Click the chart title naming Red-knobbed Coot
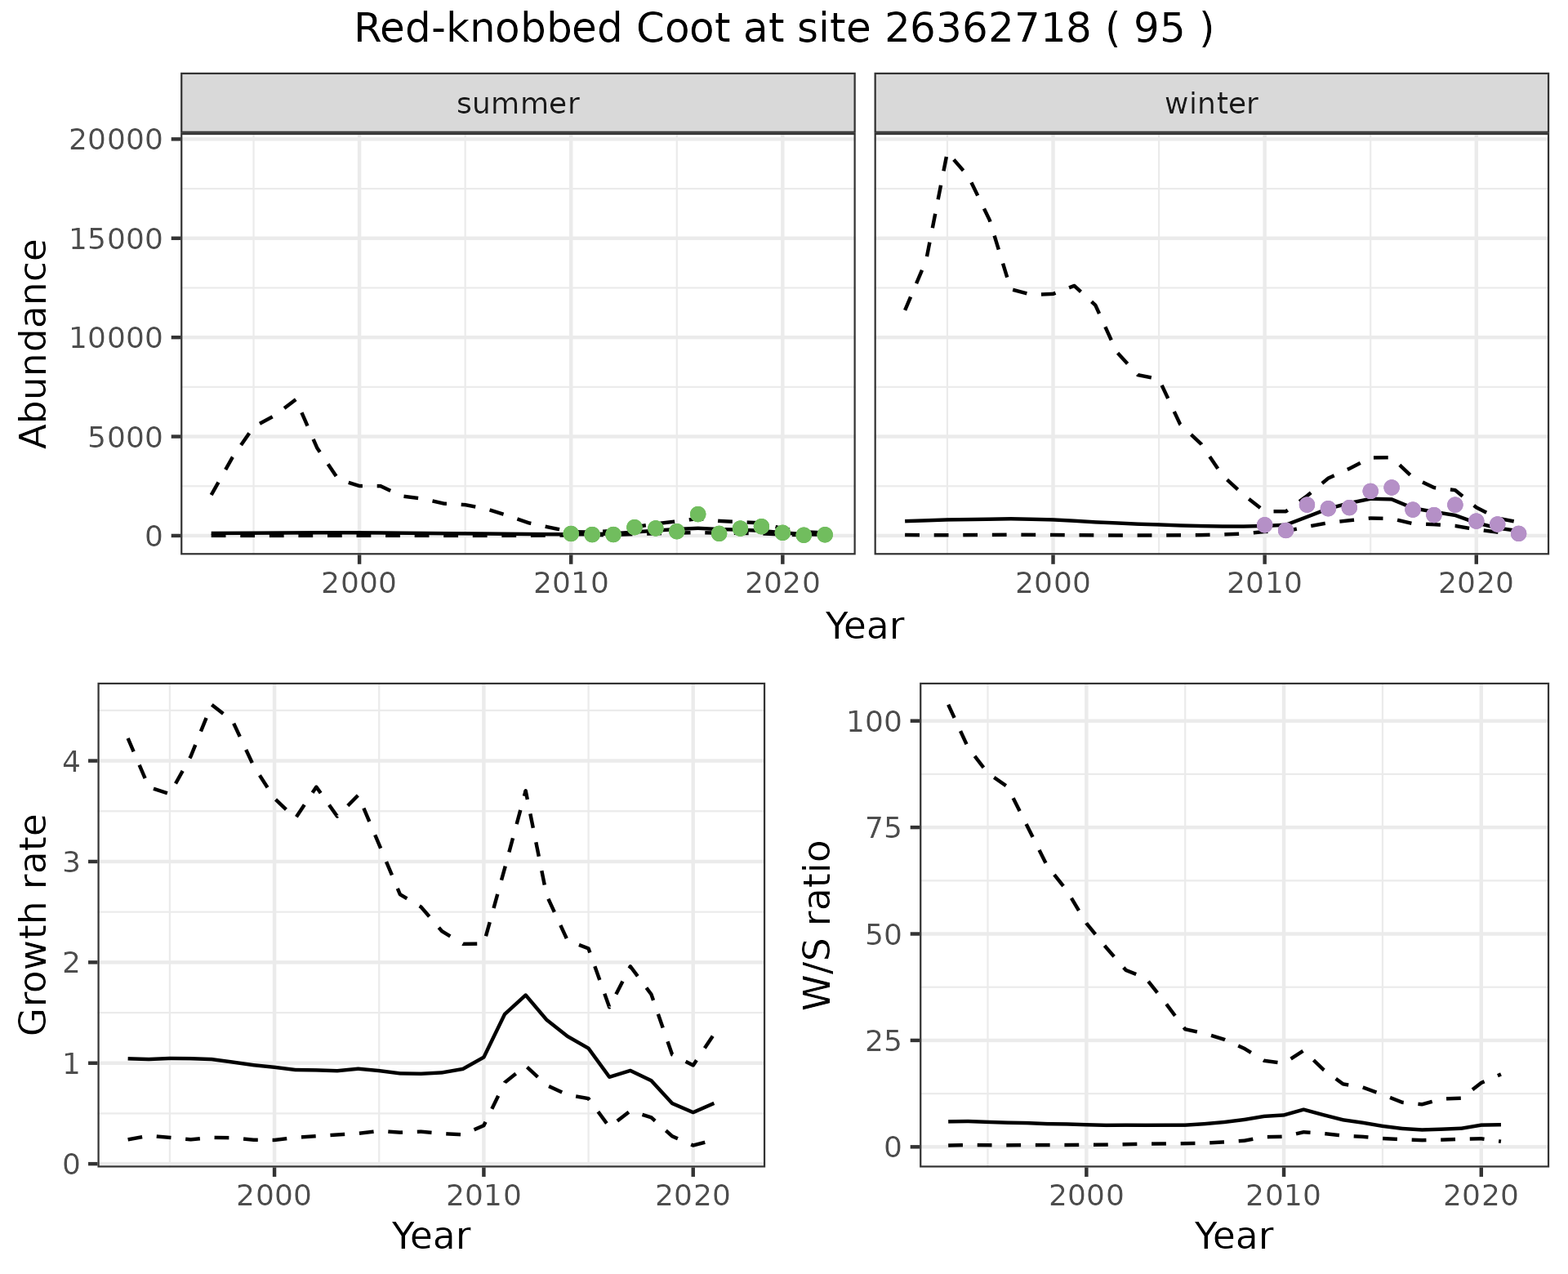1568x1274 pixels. pyautogui.click(x=783, y=30)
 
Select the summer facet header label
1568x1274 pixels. pyautogui.click(x=518, y=104)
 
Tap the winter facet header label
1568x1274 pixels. pyautogui.click(x=1211, y=104)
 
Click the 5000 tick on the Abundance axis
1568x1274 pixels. pyautogui.click(x=128, y=437)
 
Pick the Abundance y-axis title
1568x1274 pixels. pyautogui.click(x=34, y=344)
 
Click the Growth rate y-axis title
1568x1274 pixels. pyautogui.click(x=34, y=925)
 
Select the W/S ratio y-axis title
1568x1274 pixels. pyautogui.click(x=817, y=925)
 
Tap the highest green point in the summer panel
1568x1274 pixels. pyautogui.click(x=697, y=514)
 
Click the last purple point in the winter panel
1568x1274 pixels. pyautogui.click(x=1518, y=533)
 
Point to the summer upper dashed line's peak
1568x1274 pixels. pyautogui.click(x=296, y=400)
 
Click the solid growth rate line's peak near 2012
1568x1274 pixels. pyautogui.click(x=525, y=995)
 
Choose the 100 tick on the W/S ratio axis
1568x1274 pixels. pyautogui.click(x=874, y=721)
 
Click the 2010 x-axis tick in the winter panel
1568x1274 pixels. pyautogui.click(x=1264, y=584)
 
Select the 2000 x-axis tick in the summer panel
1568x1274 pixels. pyautogui.click(x=359, y=584)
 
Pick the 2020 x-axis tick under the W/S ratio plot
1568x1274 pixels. pyautogui.click(x=1481, y=1196)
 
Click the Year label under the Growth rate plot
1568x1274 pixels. pyautogui.click(x=431, y=1236)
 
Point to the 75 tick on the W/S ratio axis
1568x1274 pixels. pyautogui.click(x=884, y=828)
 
